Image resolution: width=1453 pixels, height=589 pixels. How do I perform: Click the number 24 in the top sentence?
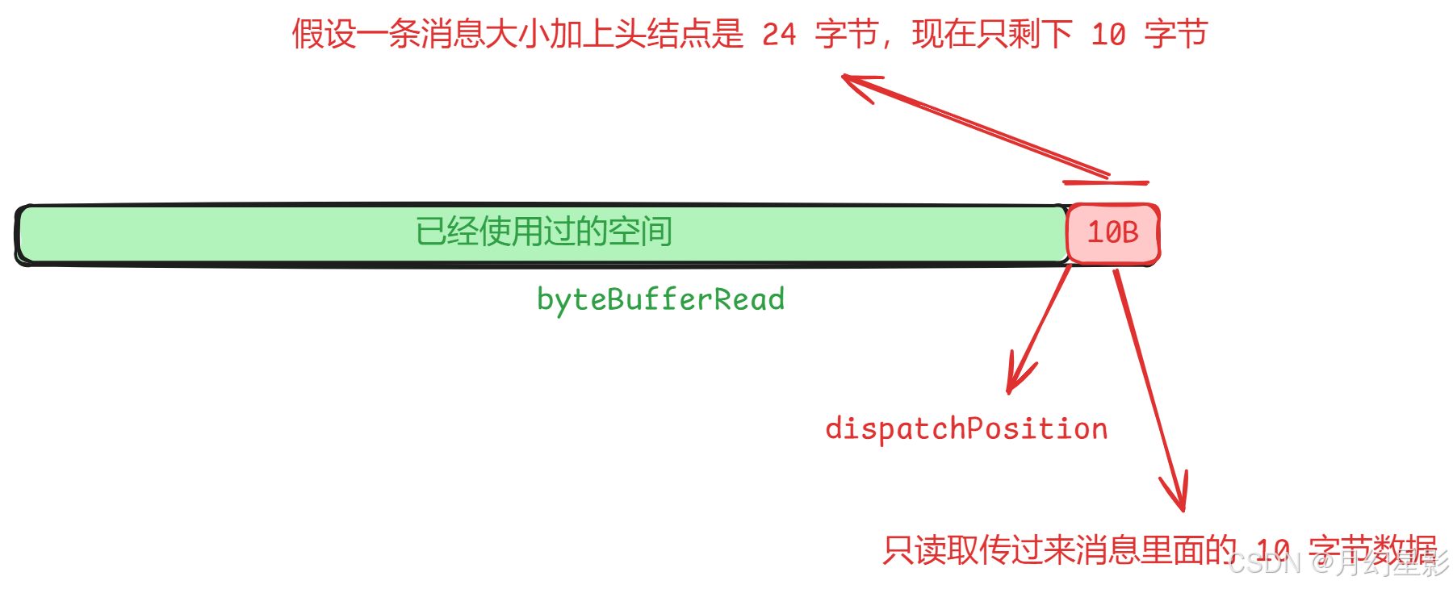pyautogui.click(x=779, y=35)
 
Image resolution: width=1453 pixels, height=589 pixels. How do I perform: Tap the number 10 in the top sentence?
pyautogui.click(x=1108, y=35)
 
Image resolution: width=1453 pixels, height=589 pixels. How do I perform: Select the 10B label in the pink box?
pyautogui.click(x=1112, y=232)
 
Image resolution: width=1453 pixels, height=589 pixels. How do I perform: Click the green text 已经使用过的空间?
pyautogui.click(x=543, y=232)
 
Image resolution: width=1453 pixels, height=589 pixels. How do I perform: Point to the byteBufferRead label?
pyautogui.click(x=660, y=299)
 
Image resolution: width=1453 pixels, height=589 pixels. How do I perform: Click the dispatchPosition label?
pyautogui.click(x=966, y=428)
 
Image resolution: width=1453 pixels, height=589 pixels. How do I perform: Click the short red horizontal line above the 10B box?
pyautogui.click(x=1105, y=183)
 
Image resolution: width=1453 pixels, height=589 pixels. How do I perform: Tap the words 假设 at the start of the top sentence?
pyautogui.click(x=324, y=35)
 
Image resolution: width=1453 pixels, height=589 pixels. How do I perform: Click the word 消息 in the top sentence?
pyautogui.click(x=452, y=35)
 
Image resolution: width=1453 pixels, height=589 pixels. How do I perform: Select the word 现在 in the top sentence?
pyautogui.click(x=944, y=35)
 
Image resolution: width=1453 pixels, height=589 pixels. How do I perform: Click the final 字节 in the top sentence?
pyautogui.click(x=1176, y=35)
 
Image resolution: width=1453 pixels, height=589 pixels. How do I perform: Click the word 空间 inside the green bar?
pyautogui.click(x=640, y=232)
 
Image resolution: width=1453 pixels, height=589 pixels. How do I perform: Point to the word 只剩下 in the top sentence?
pyautogui.click(x=1024, y=35)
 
